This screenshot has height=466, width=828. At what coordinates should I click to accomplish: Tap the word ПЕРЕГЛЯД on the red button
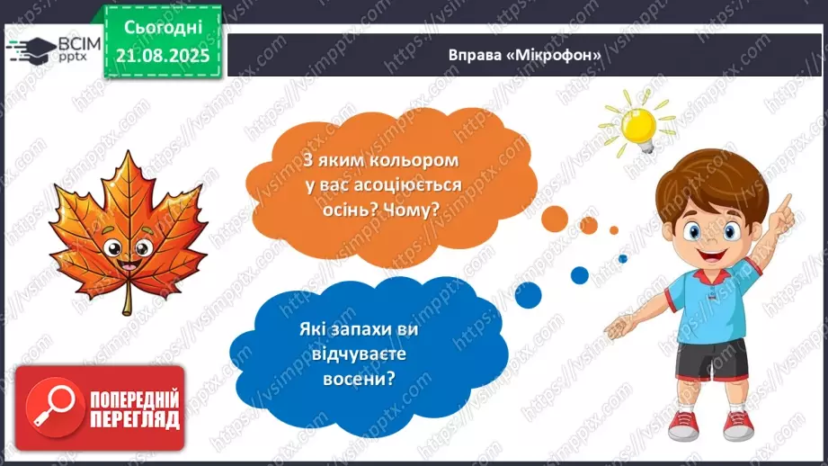pyautogui.click(x=135, y=418)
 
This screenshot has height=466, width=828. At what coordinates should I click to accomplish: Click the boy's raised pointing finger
pyautogui.click(x=784, y=204)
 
